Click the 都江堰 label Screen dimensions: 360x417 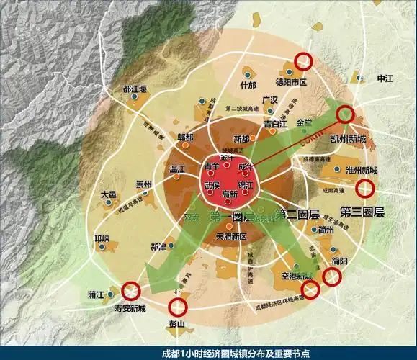pos(135,90)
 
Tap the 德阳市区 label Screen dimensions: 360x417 pos(292,82)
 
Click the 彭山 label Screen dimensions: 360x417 pos(176,325)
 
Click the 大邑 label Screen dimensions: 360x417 pos(108,195)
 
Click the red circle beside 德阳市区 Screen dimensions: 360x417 pos(302,63)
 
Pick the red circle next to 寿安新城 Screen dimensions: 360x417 pos(130,291)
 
